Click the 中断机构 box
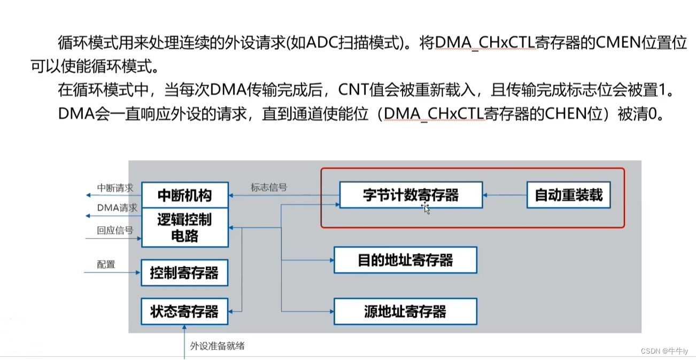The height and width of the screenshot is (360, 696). (184, 195)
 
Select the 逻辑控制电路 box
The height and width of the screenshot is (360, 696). (184, 227)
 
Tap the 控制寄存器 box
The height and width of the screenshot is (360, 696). (184, 273)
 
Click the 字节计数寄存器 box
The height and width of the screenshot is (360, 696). (411, 195)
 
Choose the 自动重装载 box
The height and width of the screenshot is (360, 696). (568, 195)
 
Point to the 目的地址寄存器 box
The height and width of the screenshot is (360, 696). (405, 261)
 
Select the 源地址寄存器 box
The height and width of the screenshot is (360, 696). (405, 311)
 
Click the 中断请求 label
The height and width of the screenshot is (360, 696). (115, 188)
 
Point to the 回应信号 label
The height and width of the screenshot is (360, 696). (115, 231)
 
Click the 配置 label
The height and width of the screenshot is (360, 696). (106, 264)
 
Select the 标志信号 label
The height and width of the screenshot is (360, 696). (269, 187)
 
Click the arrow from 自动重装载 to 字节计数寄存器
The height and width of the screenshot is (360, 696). (504, 196)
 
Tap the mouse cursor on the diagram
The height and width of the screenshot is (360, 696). (426, 208)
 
